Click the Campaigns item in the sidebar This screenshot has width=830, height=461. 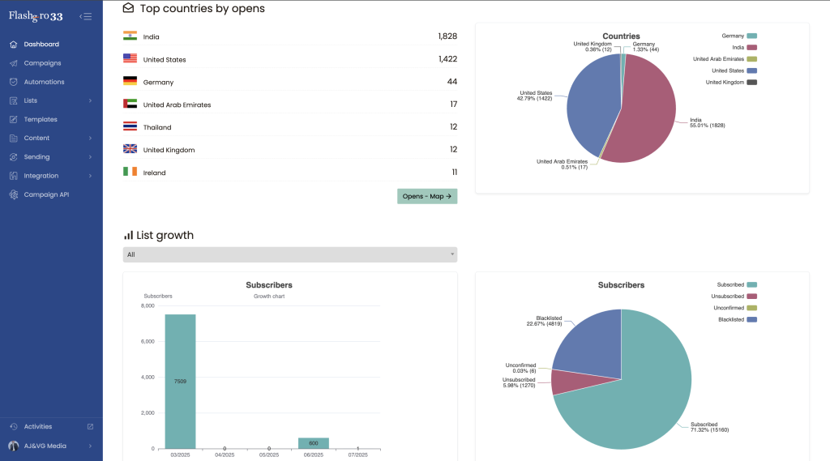(42, 63)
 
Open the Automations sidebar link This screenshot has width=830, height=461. (44, 82)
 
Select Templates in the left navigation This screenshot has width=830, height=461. (41, 119)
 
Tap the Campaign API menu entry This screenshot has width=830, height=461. (52, 194)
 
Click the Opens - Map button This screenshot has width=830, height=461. (427, 196)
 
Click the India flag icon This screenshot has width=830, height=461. (130, 36)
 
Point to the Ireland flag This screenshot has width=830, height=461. (130, 172)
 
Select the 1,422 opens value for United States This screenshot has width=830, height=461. (447, 59)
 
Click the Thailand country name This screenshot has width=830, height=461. (157, 127)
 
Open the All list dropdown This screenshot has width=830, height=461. (289, 254)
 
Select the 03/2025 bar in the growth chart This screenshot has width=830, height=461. (180, 381)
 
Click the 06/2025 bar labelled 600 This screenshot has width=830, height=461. (314, 443)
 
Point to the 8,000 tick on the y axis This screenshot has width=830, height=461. (148, 306)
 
